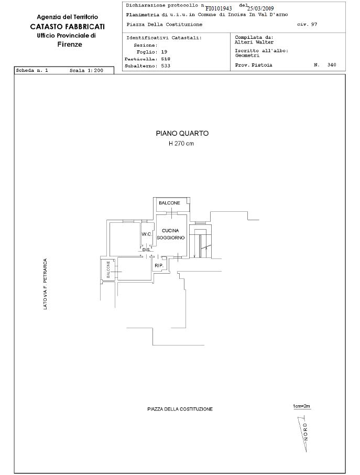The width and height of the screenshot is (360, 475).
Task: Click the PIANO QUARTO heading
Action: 182,133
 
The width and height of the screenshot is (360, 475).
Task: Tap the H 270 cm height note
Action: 181,143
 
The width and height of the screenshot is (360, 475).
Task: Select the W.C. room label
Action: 147,234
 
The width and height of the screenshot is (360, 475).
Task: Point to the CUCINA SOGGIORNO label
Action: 170,234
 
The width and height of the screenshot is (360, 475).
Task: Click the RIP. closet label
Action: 159,266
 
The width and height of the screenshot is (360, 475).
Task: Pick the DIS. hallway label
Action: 146,250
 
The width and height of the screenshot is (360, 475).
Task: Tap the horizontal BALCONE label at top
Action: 169,203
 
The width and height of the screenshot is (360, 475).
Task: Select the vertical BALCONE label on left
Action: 108,269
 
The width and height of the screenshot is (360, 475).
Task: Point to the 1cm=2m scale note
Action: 301,406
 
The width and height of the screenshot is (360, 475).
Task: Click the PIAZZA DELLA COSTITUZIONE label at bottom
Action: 180,409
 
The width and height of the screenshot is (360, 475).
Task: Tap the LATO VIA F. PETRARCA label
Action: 45,284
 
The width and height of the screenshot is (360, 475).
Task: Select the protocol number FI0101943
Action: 219,8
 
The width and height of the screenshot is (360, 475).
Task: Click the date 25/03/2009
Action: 260,8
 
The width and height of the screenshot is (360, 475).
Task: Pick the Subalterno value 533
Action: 166,66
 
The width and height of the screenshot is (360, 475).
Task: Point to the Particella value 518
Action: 166,59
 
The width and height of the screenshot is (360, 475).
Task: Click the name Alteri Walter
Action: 254,42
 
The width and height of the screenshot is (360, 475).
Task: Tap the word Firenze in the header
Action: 70,44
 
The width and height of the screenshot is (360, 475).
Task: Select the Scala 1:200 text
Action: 86,71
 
